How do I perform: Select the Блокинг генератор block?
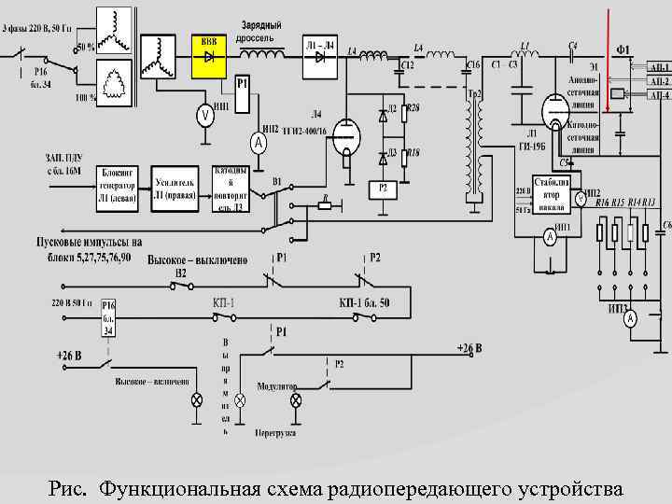[117, 188]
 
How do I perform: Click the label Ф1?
[623, 49]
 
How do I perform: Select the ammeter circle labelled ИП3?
[631, 319]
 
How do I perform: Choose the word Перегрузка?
[276, 432]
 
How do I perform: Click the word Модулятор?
[278, 385]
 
